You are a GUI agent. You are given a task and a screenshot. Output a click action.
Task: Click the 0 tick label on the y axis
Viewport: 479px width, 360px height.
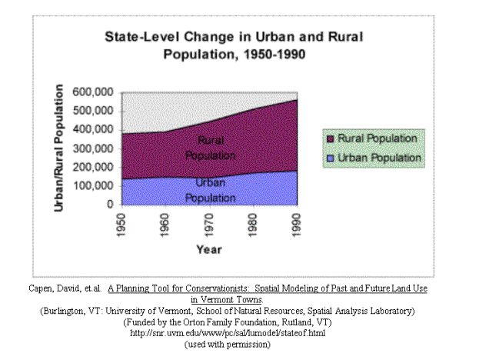click(x=110, y=205)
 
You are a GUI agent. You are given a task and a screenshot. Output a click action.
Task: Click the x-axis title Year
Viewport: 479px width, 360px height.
click(x=208, y=248)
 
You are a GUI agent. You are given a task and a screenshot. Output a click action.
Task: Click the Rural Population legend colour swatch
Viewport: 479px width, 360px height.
click(x=329, y=139)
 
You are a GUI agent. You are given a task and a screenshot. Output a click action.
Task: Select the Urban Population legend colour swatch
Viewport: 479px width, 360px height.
click(x=329, y=158)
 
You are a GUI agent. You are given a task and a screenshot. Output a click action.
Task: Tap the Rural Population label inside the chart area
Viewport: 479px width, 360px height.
click(x=210, y=148)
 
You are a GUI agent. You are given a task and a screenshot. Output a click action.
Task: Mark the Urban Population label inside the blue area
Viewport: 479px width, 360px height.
click(x=210, y=190)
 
